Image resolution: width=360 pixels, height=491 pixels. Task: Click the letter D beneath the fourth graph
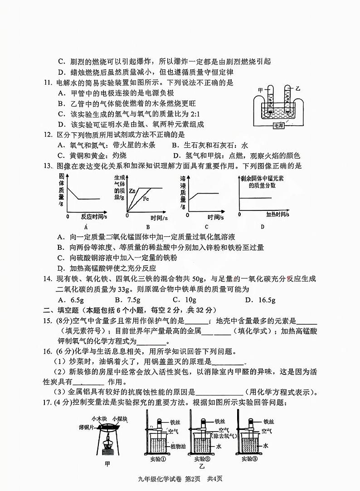(263, 227)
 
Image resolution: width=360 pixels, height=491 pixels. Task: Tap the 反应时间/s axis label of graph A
(94, 216)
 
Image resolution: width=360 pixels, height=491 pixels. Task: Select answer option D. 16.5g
(260, 300)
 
